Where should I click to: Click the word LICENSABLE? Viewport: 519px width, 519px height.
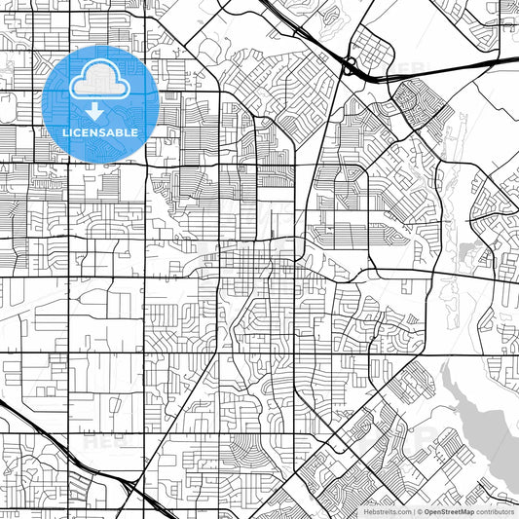[100, 131]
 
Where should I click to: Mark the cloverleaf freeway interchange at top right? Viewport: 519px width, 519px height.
[349, 67]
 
